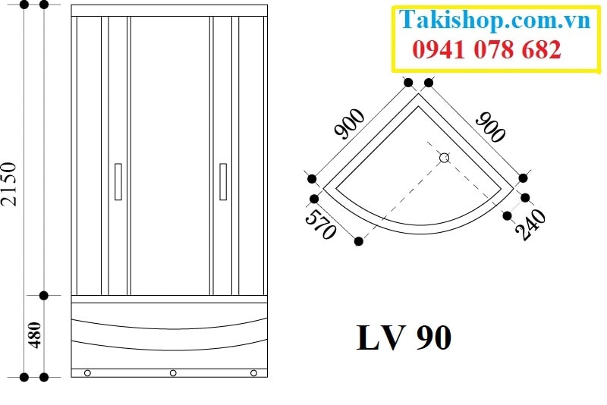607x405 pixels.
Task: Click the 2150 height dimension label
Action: [9, 183]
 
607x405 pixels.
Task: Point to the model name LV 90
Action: [404, 337]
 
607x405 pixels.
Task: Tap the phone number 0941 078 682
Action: [486, 50]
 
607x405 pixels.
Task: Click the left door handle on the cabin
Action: [118, 181]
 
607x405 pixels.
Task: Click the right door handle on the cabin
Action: [223, 181]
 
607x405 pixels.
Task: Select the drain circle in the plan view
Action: [445, 158]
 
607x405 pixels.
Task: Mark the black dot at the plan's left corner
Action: [312, 178]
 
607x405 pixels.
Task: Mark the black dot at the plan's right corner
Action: [524, 178]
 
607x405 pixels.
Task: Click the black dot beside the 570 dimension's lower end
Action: [359, 242]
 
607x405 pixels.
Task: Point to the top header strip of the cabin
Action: [170, 11]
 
